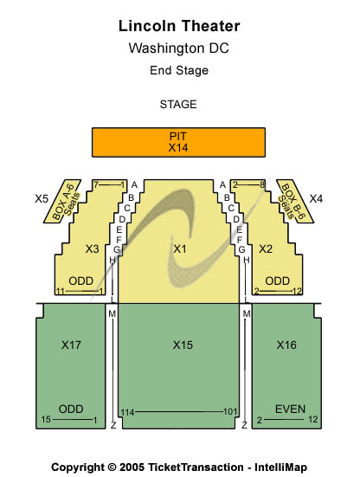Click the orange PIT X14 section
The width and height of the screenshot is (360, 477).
178,142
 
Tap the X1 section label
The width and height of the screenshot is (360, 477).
180,249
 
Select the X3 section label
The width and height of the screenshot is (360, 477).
92,249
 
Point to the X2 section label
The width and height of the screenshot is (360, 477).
266,249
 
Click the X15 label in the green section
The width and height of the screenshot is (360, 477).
183,345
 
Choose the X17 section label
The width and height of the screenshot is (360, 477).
71,345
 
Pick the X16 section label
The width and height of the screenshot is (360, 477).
286,345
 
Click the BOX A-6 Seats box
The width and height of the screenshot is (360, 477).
62,202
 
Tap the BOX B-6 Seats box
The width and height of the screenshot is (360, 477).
295,202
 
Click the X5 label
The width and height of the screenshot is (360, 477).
42,199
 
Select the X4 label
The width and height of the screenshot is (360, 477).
316,199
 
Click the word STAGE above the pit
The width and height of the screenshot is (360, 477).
178,105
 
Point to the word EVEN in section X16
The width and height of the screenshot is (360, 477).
290,409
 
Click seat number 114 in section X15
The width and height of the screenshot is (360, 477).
128,413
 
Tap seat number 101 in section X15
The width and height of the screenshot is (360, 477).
230,411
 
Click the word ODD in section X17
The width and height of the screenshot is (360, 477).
71,409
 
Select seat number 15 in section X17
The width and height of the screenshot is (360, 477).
46,420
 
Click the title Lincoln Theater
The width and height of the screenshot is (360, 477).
179,26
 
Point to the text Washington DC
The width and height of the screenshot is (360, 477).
179,48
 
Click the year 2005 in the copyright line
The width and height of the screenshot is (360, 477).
132,467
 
